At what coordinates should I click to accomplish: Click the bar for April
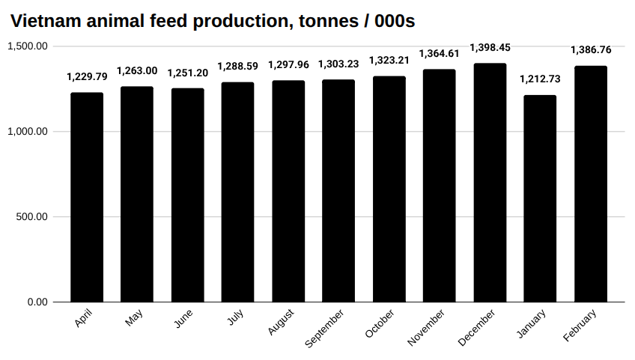87,198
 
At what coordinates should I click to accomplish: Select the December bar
490,183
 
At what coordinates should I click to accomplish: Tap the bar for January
540,198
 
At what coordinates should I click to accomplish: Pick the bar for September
338,191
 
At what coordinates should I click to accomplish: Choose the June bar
187,195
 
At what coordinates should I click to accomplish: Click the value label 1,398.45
490,48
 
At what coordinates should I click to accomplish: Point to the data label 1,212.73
540,79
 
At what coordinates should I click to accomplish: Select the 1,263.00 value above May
137,71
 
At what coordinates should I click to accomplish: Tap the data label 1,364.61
440,54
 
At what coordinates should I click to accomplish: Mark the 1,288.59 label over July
237,67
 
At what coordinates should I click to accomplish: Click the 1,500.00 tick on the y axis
28,46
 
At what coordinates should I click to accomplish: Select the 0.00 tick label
37,302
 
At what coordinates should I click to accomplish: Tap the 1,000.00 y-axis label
28,132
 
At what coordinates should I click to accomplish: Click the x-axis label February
580,325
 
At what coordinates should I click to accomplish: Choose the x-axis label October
380,323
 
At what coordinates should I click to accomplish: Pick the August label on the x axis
281,322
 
